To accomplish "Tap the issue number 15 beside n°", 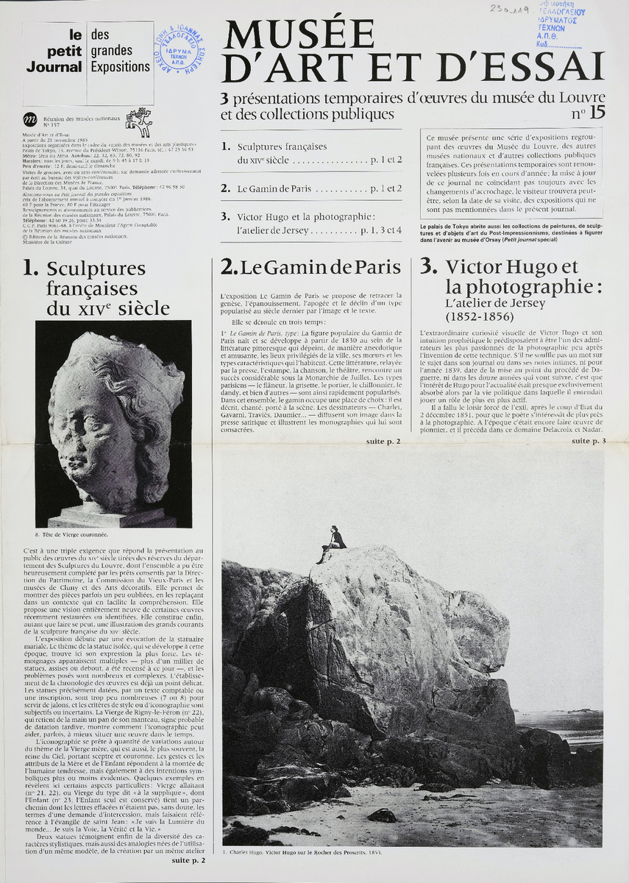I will tap(597, 113).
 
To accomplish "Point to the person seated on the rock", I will tap(334, 542).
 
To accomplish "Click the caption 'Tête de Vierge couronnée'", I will tap(73, 535).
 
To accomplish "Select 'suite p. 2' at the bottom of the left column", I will tap(188, 859).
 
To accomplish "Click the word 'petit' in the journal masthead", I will tap(63, 52).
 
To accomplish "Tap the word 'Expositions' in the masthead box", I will tap(120, 66).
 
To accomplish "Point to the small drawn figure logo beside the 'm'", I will tap(138, 120).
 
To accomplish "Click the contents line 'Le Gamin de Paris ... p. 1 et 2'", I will tap(312, 188).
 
